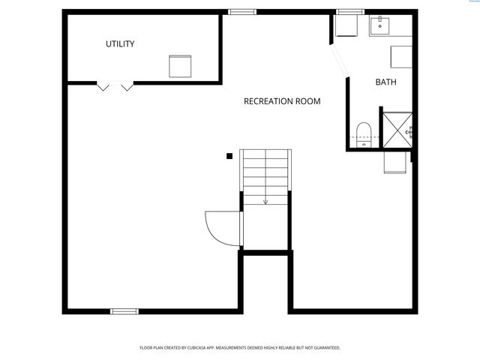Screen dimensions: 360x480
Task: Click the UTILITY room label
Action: click(x=120, y=44)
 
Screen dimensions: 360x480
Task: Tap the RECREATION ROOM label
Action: click(x=282, y=101)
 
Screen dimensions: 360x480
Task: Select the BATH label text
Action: click(x=386, y=82)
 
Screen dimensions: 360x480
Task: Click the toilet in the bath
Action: click(x=364, y=133)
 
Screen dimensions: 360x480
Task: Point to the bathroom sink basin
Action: click(x=380, y=26)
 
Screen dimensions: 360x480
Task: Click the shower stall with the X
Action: click(x=397, y=129)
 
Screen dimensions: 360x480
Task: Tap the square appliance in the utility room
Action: click(x=180, y=66)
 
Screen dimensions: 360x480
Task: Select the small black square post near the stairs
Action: click(x=229, y=156)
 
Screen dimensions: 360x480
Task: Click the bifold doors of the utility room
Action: click(x=116, y=85)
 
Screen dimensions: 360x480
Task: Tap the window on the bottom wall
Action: click(x=124, y=310)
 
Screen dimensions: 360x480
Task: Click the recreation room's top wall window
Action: click(x=242, y=12)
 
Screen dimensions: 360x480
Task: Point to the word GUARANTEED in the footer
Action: click(x=323, y=348)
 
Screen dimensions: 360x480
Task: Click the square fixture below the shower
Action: click(x=395, y=161)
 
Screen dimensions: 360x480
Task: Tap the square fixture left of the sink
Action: click(x=346, y=26)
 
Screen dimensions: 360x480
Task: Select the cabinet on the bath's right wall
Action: click(x=401, y=57)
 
